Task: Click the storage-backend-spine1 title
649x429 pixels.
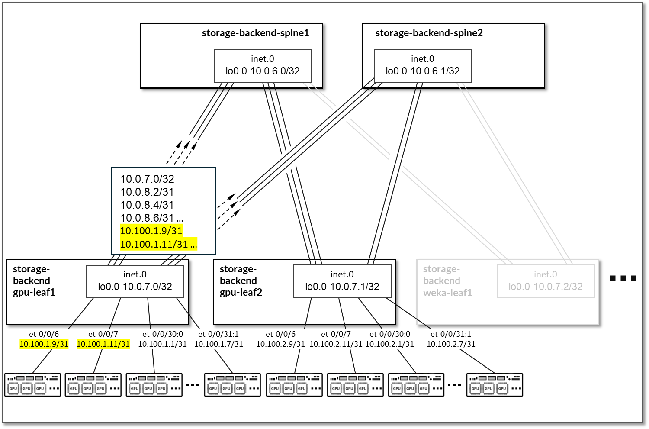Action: (x=255, y=33)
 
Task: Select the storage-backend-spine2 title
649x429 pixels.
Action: (x=429, y=33)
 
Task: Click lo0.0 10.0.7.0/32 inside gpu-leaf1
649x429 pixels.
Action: (x=135, y=287)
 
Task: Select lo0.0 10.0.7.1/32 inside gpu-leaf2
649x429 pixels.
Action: (x=342, y=287)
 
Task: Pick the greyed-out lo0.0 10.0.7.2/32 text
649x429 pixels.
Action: (x=545, y=287)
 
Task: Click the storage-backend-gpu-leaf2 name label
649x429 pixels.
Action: (x=241, y=281)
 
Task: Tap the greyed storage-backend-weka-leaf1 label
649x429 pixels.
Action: (x=447, y=281)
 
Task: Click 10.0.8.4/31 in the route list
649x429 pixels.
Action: (x=147, y=205)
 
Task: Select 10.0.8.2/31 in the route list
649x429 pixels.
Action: (x=147, y=192)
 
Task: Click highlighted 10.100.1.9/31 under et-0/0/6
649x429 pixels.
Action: (x=44, y=344)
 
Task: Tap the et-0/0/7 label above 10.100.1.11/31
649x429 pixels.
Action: (x=103, y=334)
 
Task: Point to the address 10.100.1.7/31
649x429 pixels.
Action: (x=218, y=344)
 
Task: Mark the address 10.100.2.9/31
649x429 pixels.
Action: (x=280, y=344)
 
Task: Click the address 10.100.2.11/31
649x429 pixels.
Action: (x=336, y=344)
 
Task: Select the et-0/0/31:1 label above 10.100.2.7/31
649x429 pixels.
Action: (x=450, y=334)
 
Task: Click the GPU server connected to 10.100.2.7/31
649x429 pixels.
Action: (x=495, y=385)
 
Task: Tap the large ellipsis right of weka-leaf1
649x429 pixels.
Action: (x=623, y=278)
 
